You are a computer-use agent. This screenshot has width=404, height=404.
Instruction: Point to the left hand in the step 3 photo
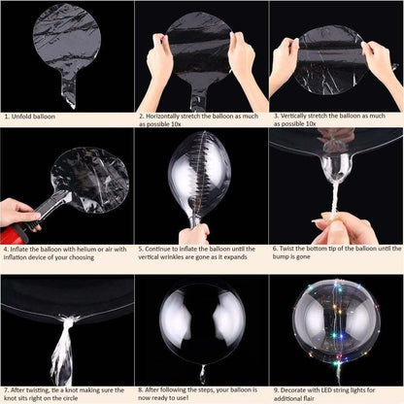coord(285,63)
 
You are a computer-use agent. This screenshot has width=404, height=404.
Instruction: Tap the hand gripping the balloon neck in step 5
coord(195,232)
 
